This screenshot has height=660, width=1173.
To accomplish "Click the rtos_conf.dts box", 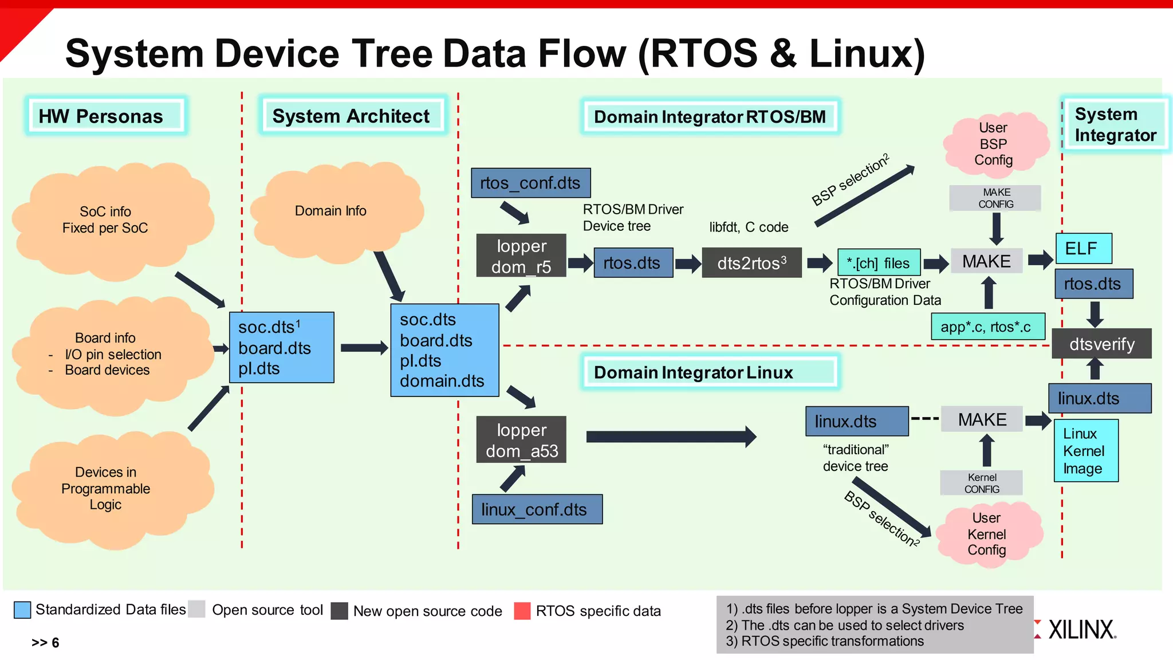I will [530, 183].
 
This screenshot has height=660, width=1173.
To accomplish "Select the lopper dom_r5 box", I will [521, 256].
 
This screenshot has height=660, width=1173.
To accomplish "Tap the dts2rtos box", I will [751, 263].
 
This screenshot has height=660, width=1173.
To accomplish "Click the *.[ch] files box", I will [879, 262].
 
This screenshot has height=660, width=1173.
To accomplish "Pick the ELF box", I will [1083, 248].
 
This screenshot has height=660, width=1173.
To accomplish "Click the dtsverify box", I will [1101, 344].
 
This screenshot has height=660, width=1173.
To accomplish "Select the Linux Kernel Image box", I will [1085, 451].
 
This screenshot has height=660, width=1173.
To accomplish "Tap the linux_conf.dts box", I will [537, 509].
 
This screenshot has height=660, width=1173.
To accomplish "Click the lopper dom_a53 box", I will [521, 439].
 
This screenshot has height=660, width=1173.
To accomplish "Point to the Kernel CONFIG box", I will [981, 483].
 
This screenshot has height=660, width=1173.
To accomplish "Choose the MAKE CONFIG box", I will [995, 198].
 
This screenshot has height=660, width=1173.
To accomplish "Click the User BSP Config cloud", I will [994, 144].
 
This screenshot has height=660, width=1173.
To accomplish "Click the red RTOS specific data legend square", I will [522, 611].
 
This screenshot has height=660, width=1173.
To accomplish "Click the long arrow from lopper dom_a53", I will [670, 437].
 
